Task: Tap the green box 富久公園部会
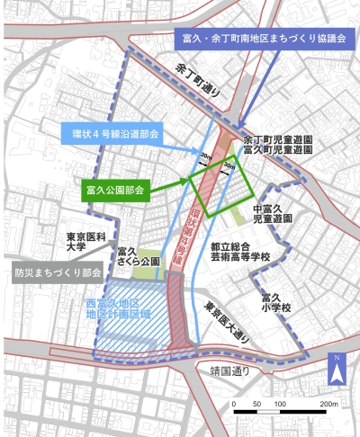[x=114, y=191]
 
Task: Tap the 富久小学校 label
[x=275, y=302]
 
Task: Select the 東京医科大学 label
[x=87, y=245]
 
